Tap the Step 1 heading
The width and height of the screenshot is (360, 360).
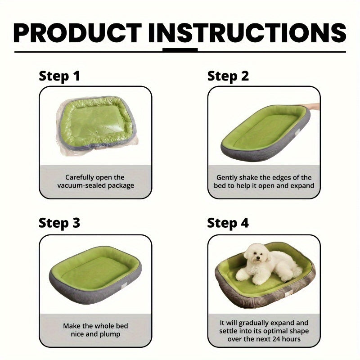tap(59, 76)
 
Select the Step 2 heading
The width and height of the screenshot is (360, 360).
tap(228, 76)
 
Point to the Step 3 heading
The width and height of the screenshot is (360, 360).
tap(59, 223)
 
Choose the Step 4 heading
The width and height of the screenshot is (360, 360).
tap(228, 223)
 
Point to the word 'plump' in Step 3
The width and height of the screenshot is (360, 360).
tap(110, 334)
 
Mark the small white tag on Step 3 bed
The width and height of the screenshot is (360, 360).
tap(129, 280)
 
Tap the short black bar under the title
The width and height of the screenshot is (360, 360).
tap(180, 50)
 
